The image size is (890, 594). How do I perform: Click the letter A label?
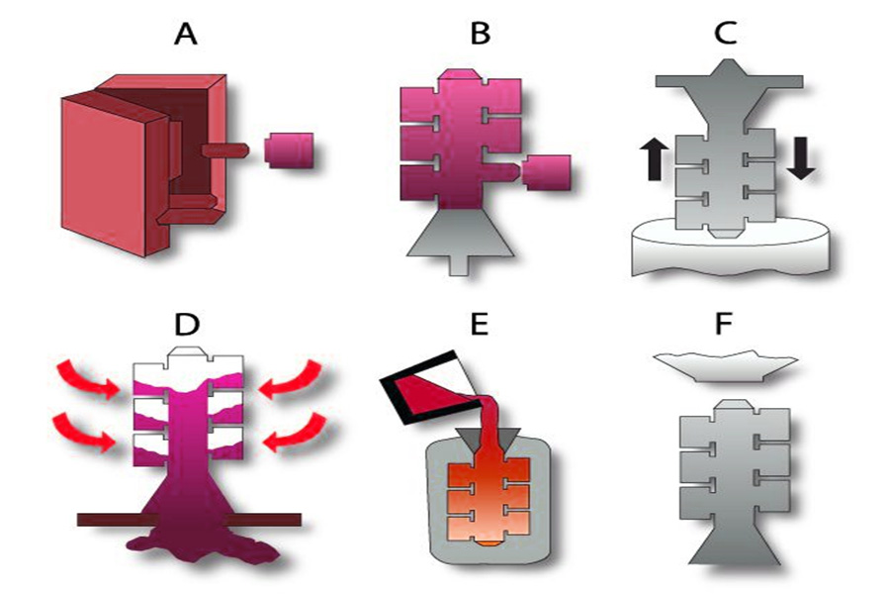pos(186,34)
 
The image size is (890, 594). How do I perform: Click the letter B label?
pos(481,34)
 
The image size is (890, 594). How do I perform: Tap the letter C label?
pos(726,34)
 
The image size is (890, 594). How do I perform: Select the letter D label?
pos(187,324)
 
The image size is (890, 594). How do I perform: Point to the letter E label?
pos(480,324)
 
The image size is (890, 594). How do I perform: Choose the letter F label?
pos(723,324)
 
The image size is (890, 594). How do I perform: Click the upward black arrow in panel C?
pos(654,160)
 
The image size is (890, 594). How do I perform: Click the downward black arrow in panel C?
pos(801,158)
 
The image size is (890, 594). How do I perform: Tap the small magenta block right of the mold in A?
pos(289,150)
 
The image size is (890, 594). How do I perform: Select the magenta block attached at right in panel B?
pos(546,173)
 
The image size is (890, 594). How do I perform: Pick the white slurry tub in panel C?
pos(731,247)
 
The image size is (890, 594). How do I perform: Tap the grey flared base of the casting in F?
pos(736,540)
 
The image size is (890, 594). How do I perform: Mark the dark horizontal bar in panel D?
pos(189,520)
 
